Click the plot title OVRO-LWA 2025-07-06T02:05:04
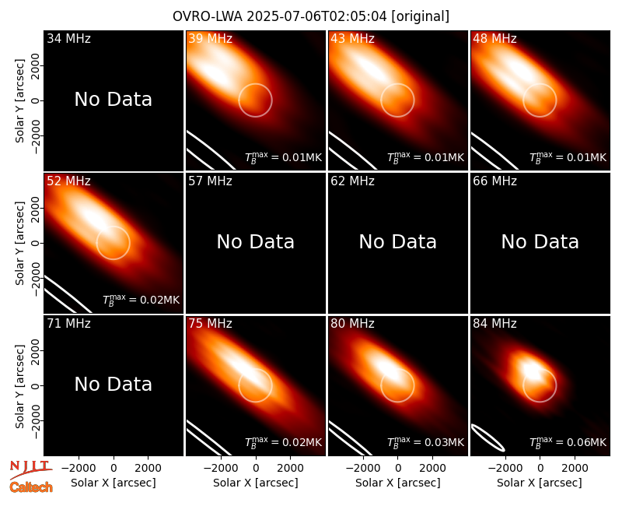281,16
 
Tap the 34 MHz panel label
68,38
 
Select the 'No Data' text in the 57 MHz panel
256,241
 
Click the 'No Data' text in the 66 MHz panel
540,241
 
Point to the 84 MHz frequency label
494,324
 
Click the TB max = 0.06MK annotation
568,442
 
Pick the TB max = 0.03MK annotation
425,442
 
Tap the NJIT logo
30,469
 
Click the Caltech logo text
31,487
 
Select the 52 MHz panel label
68,181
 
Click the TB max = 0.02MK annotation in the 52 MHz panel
141,300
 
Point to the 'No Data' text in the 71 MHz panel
113,384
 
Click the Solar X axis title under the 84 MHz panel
540,483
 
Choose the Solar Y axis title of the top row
20,101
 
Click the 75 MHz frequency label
210,324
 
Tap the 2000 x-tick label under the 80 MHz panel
432,469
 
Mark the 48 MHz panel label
494,38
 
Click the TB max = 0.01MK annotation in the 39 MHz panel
283,157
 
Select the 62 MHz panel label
352,181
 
